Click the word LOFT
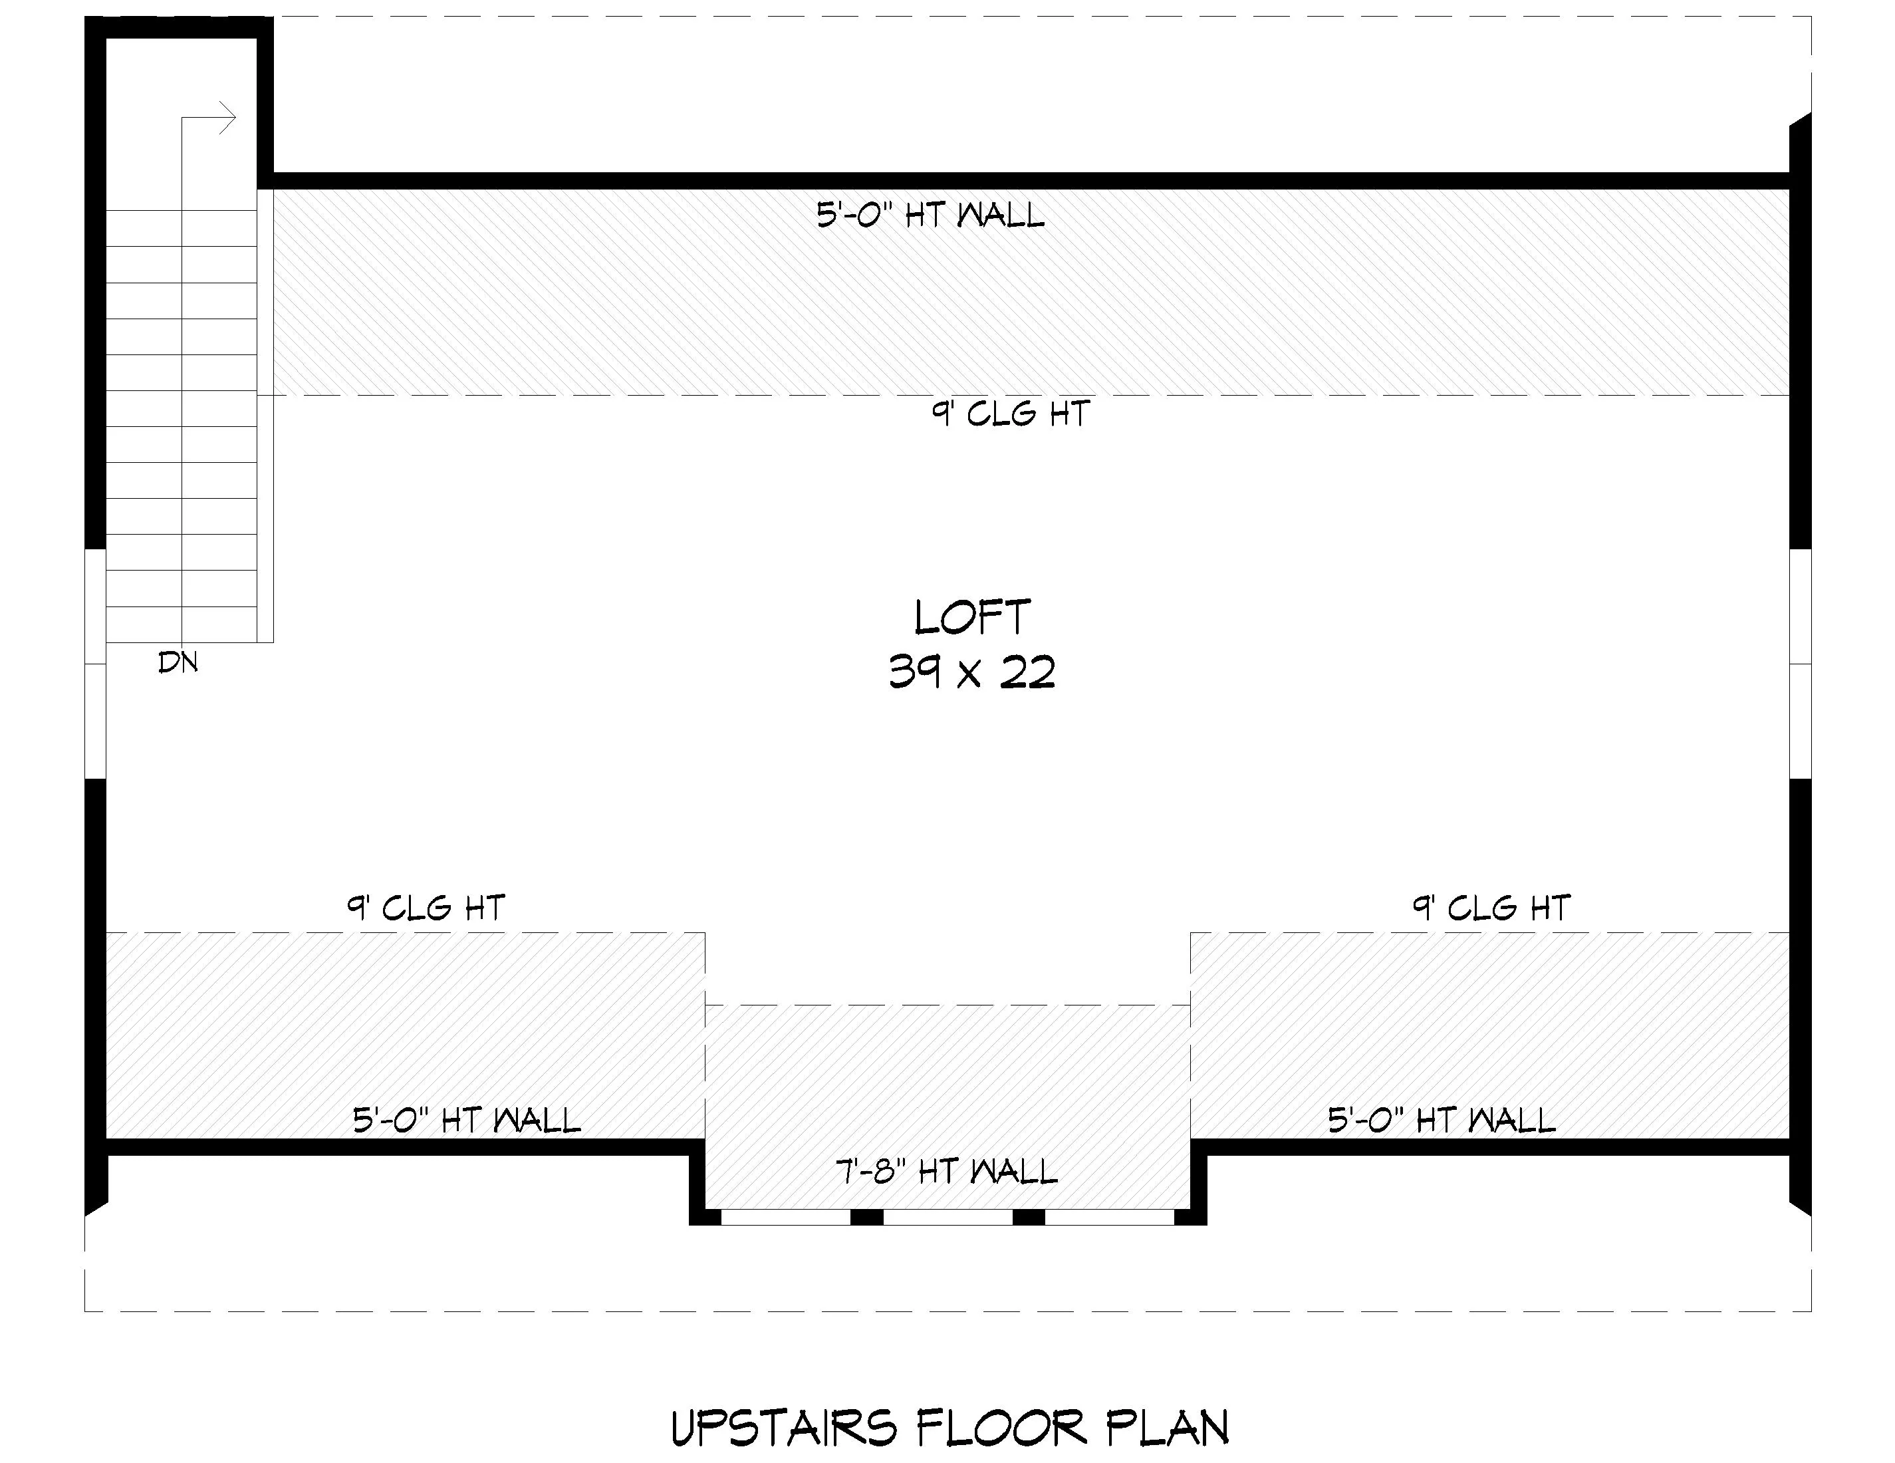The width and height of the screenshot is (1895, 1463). coord(972,617)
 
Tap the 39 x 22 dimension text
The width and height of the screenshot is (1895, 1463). coord(972,672)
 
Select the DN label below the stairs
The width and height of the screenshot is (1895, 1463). coord(178,663)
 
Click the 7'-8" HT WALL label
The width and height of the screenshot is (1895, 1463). coord(947,1172)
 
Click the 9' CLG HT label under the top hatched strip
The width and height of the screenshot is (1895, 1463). coord(1011,413)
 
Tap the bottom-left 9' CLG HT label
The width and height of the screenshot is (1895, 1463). coord(426,908)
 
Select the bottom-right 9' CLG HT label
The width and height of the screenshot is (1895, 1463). coord(1491,908)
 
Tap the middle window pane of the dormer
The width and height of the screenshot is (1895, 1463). coord(947,1216)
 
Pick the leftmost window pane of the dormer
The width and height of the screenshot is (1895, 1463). coord(785,1216)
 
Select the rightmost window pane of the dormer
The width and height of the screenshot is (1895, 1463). coord(1110,1216)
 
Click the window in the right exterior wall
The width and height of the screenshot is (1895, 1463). coord(1801,664)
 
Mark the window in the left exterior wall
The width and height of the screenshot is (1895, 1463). coord(96,664)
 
